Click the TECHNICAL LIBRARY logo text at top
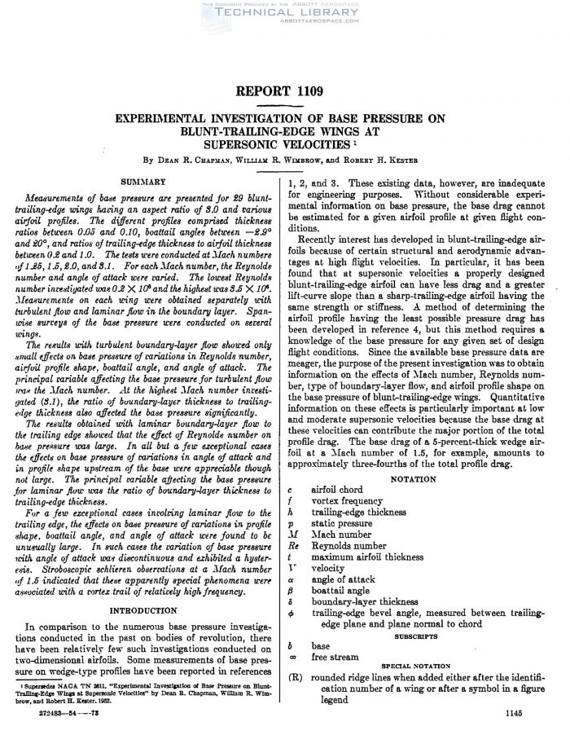(285, 14)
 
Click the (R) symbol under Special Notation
(296, 676)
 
